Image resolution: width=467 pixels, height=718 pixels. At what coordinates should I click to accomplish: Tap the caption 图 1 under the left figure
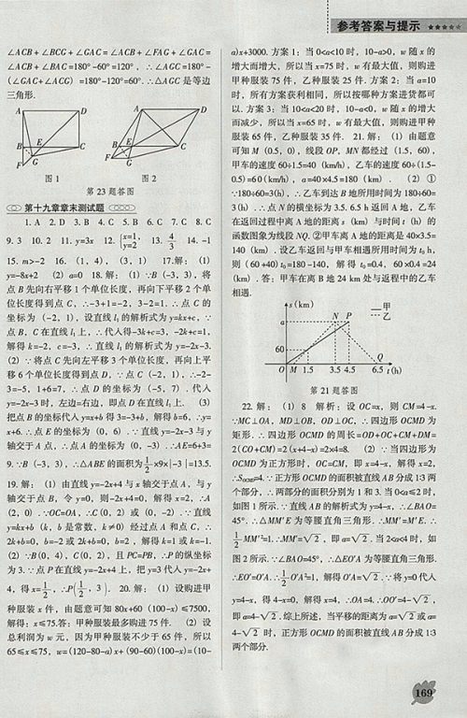[49, 178]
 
